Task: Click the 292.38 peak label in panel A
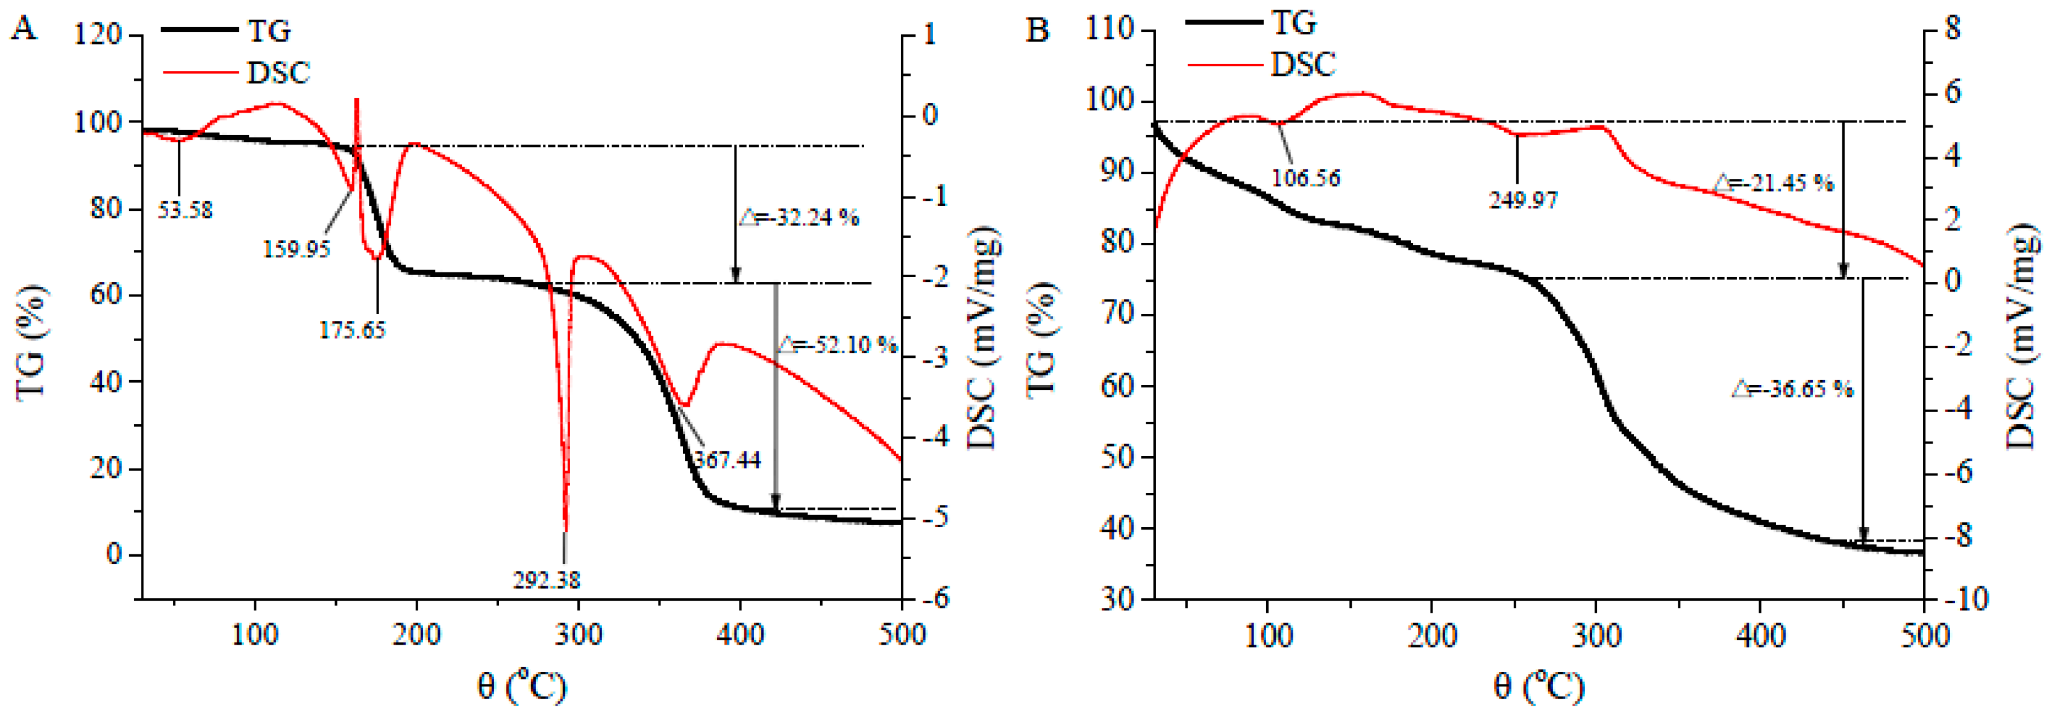tap(547, 580)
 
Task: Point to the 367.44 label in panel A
tap(727, 460)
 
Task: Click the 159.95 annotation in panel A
tap(296, 249)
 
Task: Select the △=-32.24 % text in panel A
tap(799, 217)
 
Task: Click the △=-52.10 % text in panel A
tap(837, 345)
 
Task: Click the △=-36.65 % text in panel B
tap(1792, 389)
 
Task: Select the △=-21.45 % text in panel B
tap(1772, 184)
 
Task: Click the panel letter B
tap(1037, 30)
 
